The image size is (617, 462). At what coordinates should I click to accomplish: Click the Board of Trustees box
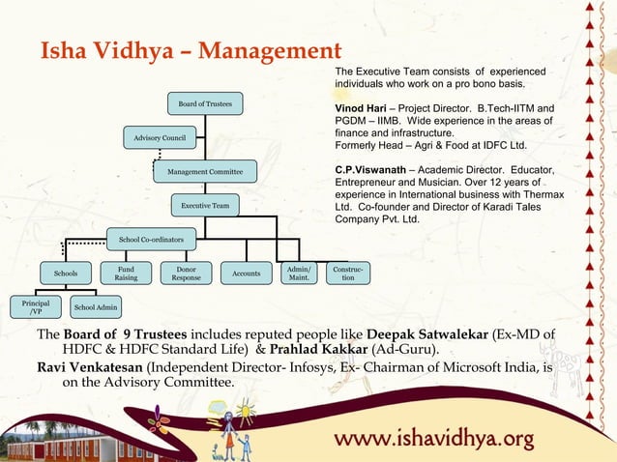(x=204, y=102)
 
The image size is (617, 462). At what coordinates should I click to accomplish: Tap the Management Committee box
(x=205, y=172)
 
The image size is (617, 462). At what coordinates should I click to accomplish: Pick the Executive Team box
(x=205, y=206)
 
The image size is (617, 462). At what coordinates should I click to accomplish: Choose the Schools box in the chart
(x=66, y=274)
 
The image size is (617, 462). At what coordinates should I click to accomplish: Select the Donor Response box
(x=186, y=274)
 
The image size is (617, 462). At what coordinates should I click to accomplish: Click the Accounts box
(x=246, y=274)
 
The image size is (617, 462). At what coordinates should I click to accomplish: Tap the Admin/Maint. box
(x=299, y=274)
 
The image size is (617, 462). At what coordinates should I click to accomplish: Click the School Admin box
(x=97, y=307)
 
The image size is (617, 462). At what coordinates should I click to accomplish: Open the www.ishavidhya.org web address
(x=434, y=440)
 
